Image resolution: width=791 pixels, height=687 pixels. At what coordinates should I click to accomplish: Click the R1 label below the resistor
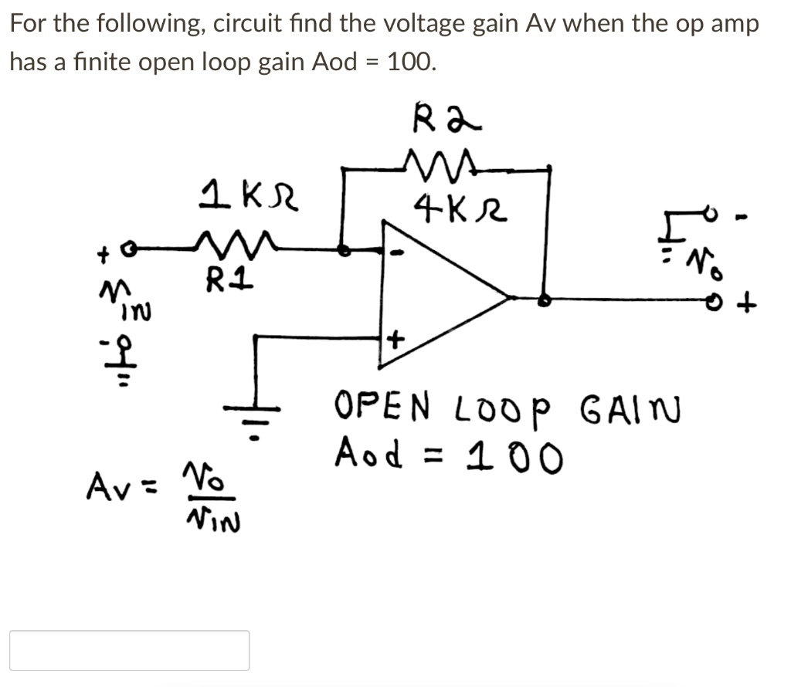[x=225, y=277]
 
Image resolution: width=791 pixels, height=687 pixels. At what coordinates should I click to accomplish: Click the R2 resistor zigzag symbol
[x=438, y=164]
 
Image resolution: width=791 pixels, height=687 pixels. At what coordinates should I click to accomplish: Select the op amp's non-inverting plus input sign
[x=396, y=340]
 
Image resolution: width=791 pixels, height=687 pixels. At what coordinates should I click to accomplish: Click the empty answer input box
[x=129, y=650]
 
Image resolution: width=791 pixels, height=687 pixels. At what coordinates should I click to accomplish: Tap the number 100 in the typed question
[x=410, y=62]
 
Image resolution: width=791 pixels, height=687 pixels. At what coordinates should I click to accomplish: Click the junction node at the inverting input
[x=345, y=249]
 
